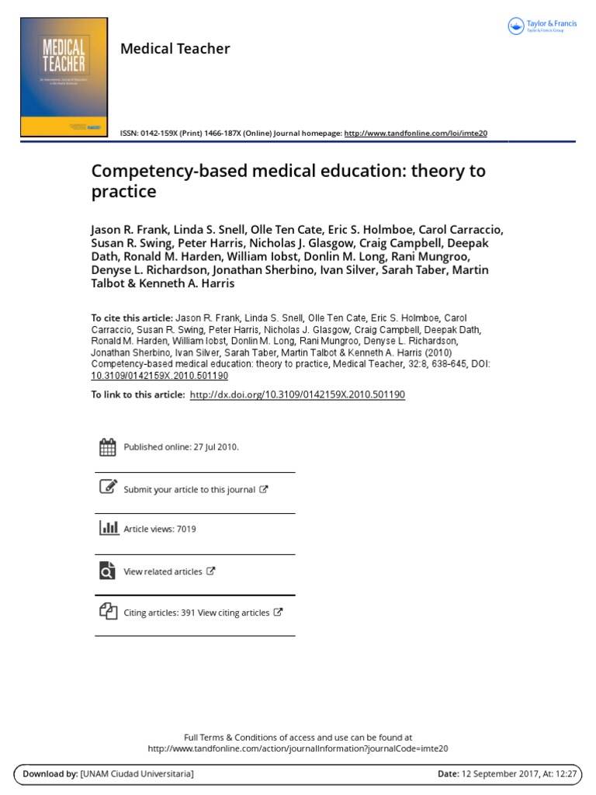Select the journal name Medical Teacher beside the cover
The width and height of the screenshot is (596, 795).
(x=175, y=49)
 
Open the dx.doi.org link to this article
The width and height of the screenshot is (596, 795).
(x=296, y=394)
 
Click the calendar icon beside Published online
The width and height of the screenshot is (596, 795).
(x=108, y=446)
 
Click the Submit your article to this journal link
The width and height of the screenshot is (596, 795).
(x=189, y=490)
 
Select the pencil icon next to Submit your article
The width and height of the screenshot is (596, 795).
(x=108, y=488)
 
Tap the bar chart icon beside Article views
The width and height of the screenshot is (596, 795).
(x=108, y=528)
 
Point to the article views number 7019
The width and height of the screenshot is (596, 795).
(x=186, y=529)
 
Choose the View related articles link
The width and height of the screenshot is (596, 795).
(x=163, y=571)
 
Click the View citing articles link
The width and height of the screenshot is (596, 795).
(x=234, y=613)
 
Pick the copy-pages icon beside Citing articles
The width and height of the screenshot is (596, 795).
(x=108, y=611)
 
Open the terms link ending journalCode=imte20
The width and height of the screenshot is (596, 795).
(x=298, y=748)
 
